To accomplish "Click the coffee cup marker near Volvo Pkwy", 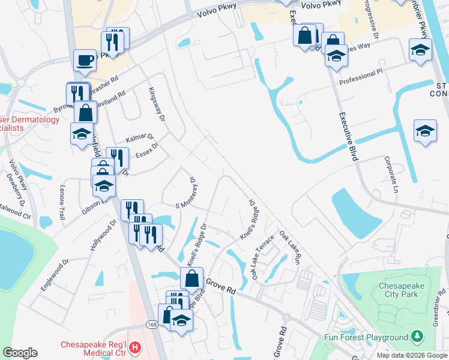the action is point(85,60).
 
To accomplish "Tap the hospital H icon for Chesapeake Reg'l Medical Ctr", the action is point(136,347).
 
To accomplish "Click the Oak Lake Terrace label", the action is point(263,257).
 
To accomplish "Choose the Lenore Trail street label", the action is point(62,202).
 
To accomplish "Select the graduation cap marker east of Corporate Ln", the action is point(425,131).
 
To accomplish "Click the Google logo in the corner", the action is point(20,353).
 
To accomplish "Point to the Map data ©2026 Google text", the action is point(411,355).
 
